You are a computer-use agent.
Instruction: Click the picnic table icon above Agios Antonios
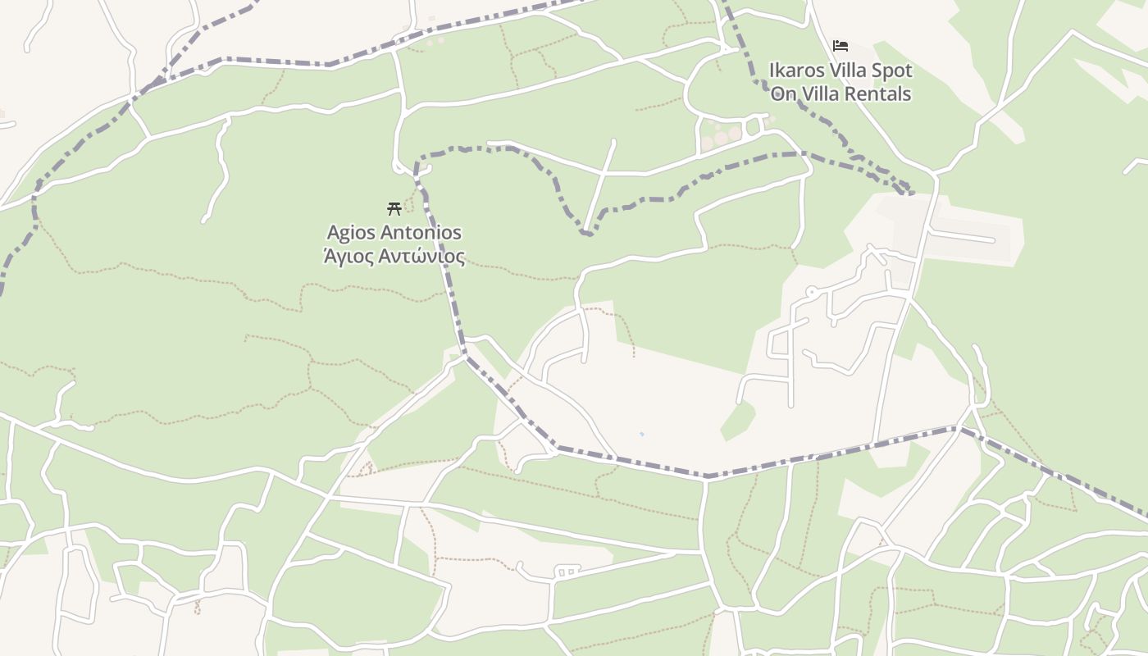[394, 208]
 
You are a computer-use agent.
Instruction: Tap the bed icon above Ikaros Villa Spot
[840, 46]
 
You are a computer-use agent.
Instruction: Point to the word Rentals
[880, 94]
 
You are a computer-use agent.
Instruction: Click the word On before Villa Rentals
[783, 94]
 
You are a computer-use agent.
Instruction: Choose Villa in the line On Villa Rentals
[822, 94]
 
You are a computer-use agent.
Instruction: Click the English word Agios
[349, 234]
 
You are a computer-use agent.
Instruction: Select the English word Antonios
[420, 234]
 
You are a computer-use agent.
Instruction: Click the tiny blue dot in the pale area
[641, 434]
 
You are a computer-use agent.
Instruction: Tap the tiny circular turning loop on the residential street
[811, 291]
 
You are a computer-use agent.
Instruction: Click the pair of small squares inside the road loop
[567, 571]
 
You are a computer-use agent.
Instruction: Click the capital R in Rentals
[854, 94]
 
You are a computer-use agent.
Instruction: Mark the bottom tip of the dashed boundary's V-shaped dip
[585, 234]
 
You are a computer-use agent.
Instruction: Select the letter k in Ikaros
[780, 71]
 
